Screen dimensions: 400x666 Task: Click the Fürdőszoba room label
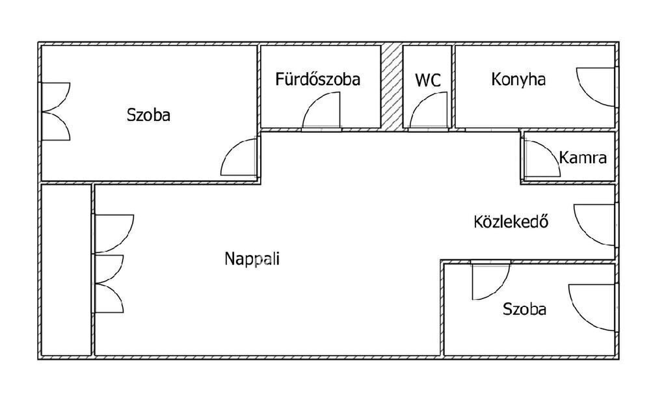[317, 80]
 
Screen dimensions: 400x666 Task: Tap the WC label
[428, 81]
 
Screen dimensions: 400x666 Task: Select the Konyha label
[518, 80]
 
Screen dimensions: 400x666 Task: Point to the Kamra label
[583, 157]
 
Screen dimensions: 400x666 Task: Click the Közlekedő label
[511, 222]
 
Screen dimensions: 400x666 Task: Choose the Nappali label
[252, 259]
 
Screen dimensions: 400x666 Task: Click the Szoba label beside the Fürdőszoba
[148, 116]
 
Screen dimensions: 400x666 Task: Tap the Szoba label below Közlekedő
[524, 310]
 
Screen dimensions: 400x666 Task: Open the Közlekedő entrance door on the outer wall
[593, 225]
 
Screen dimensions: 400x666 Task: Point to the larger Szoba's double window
[56, 111]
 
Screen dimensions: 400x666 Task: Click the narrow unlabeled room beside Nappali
[66, 270]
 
